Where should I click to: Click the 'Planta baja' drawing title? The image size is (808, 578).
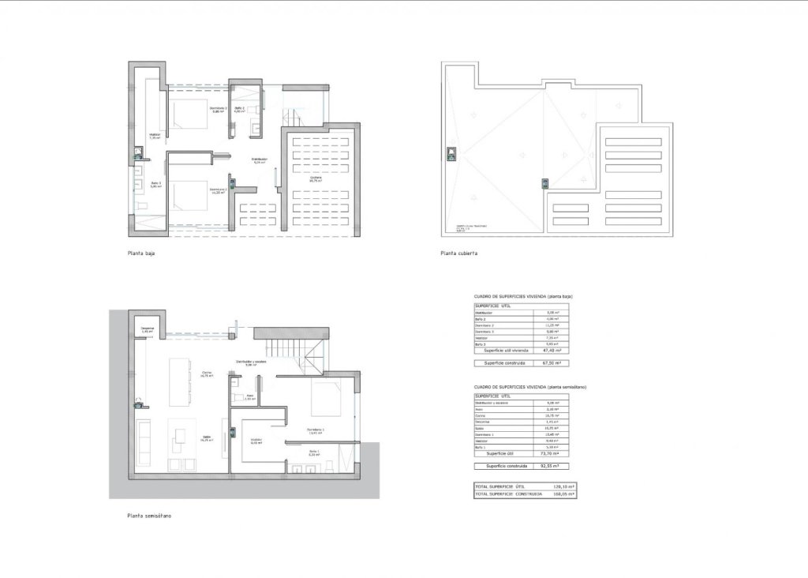141,254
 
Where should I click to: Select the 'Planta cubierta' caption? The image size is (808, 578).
459,254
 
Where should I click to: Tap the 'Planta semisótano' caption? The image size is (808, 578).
149,516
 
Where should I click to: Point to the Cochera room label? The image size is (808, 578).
315,179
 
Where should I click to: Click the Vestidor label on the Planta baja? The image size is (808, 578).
155,135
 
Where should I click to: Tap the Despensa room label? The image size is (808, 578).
147,329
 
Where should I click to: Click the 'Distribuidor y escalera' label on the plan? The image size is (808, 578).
251,363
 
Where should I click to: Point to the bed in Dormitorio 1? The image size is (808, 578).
326,398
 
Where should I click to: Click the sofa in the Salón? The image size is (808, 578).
144,443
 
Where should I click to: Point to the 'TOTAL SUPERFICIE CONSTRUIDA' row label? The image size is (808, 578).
509,494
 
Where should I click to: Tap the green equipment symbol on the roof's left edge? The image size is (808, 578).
451,153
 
